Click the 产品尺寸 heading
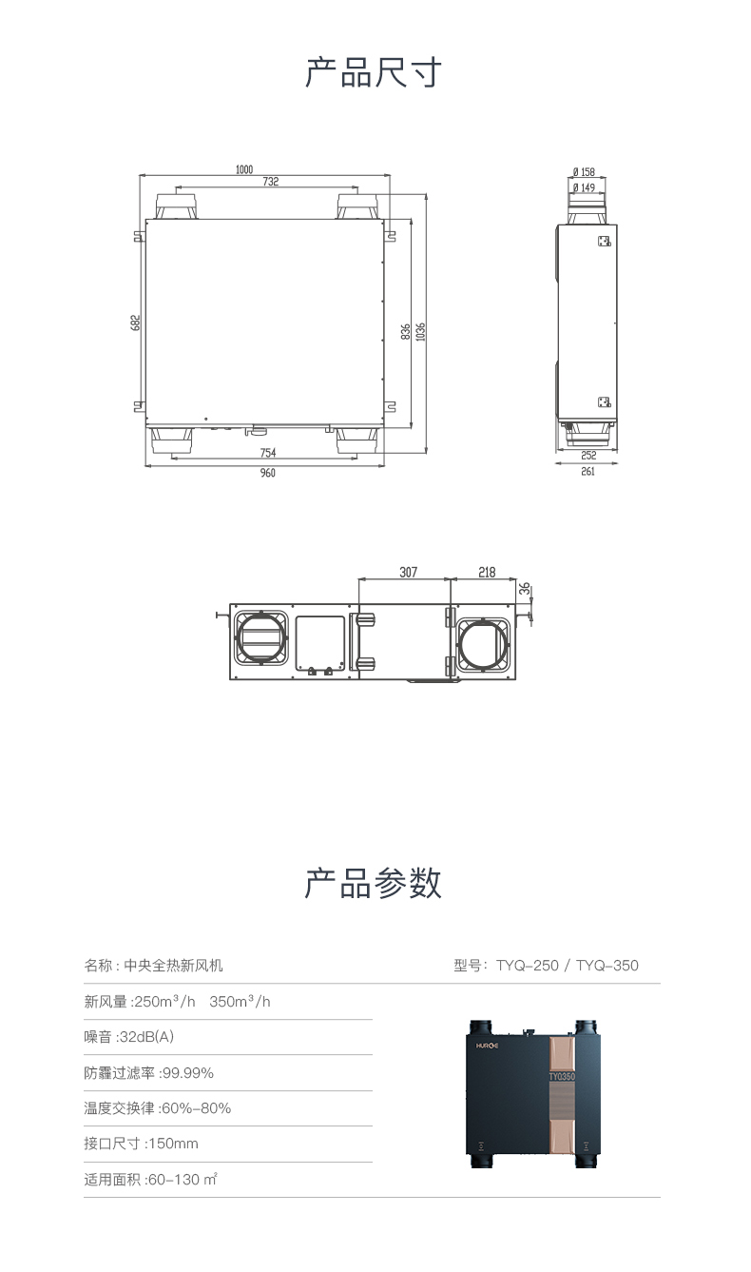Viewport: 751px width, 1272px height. point(373,72)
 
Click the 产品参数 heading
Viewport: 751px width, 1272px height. point(373,883)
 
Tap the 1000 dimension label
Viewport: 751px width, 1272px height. point(244,169)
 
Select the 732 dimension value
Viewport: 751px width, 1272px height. point(271,181)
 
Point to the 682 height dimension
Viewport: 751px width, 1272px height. point(135,323)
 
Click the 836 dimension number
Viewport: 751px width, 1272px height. point(405,332)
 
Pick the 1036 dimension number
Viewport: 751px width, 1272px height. point(420,332)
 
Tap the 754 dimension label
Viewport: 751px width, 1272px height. point(268,453)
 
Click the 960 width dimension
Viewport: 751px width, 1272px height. point(268,473)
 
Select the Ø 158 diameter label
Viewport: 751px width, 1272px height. point(584,171)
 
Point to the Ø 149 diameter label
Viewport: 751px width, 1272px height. point(584,187)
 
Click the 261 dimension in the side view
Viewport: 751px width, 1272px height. point(588,471)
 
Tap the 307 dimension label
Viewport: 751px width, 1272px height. point(409,572)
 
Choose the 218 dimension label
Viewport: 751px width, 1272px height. point(487,572)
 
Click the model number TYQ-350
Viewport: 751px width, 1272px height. point(607,966)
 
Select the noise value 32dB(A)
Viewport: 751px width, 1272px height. point(147,1037)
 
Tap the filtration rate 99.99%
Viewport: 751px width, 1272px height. point(188,1072)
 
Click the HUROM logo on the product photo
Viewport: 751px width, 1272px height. point(487,1046)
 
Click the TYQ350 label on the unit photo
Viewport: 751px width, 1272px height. point(562,1076)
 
